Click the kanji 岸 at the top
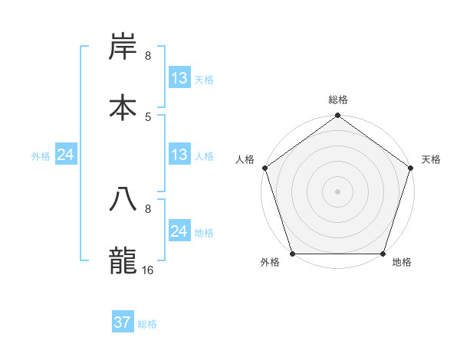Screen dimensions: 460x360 (123, 47)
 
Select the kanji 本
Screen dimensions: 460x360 (123, 106)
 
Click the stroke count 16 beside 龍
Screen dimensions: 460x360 (148, 270)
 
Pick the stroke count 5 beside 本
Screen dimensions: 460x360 (148, 116)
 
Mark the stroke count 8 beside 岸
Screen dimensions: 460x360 (148, 56)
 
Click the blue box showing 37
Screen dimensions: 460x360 (123, 322)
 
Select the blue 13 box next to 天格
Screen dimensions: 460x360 (179, 78)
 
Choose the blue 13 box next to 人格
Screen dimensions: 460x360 (179, 155)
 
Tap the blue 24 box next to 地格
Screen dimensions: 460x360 (179, 231)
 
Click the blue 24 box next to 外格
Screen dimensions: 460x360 (66, 155)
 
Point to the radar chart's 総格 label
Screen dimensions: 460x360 (338, 100)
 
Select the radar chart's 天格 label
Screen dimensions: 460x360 (431, 159)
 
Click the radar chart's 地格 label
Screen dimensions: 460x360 (402, 263)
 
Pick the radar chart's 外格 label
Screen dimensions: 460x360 (270, 263)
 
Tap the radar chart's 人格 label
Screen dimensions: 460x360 (245, 159)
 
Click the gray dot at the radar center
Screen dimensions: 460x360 (337, 191)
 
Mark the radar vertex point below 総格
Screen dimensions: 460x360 (337, 116)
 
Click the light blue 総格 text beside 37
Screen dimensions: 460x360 (147, 324)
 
